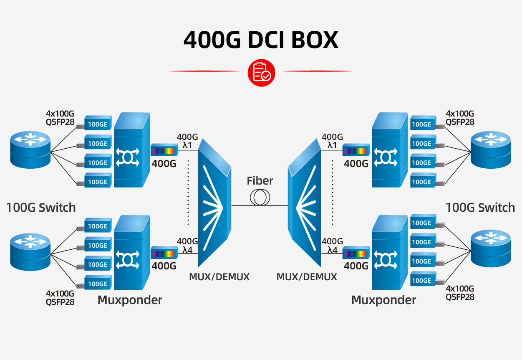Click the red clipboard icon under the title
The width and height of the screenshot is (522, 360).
(262, 73)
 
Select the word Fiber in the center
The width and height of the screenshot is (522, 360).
(260, 181)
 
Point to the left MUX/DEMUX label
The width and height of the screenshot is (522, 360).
(219, 277)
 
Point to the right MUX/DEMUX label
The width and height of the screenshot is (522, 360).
(307, 277)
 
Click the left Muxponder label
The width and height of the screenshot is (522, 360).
(130, 300)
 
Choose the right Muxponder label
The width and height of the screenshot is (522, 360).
(383, 300)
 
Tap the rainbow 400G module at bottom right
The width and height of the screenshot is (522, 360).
(356, 254)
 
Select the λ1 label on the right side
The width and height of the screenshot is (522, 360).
(332, 145)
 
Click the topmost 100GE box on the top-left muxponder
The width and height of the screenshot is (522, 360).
(98, 124)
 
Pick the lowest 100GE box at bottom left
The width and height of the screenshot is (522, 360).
(98, 284)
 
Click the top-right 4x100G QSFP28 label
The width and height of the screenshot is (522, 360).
(460, 118)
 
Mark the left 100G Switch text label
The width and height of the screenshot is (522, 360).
(41, 208)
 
